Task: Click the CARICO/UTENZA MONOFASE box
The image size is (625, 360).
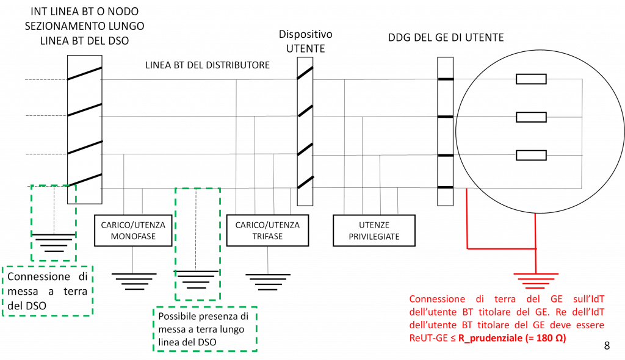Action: (x=133, y=231)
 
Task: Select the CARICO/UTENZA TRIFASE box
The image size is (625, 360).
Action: (x=267, y=231)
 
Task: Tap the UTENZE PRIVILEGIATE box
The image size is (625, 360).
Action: (x=374, y=231)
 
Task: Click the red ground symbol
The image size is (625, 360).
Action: (x=536, y=281)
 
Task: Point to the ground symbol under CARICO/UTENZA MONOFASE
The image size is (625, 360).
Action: (x=134, y=281)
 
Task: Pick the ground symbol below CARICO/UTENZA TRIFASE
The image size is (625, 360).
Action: (x=268, y=282)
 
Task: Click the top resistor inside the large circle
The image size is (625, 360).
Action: (x=531, y=79)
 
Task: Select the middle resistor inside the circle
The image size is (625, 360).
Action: (x=531, y=117)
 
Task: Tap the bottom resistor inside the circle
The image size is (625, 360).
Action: (x=531, y=155)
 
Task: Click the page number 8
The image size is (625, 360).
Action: (x=607, y=345)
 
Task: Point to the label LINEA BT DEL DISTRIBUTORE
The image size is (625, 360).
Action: (x=208, y=65)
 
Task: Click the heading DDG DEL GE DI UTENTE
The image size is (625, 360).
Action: (x=446, y=37)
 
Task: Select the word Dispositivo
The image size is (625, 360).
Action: (x=305, y=34)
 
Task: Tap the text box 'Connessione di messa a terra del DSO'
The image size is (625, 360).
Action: (x=48, y=291)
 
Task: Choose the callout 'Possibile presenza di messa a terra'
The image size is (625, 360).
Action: (x=205, y=329)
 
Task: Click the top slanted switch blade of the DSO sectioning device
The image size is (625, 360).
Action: (x=84, y=73)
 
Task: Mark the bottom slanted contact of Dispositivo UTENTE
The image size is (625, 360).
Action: (x=305, y=182)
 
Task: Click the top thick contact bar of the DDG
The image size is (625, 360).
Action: (x=446, y=79)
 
